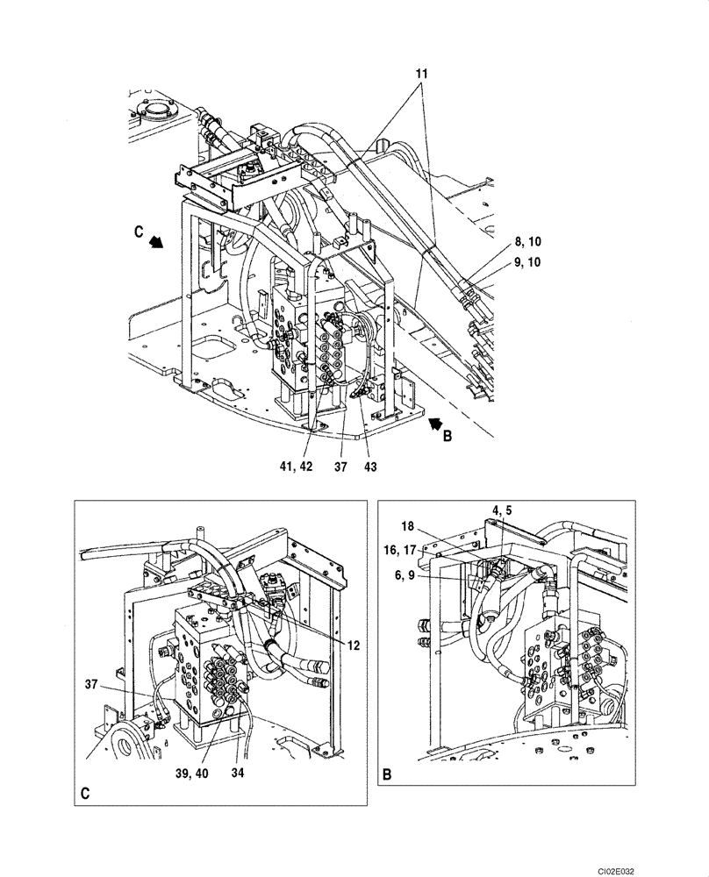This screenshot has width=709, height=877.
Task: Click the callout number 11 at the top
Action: [421, 75]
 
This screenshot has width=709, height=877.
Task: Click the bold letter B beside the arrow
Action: [447, 436]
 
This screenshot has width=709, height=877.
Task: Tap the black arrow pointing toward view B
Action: [431, 424]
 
